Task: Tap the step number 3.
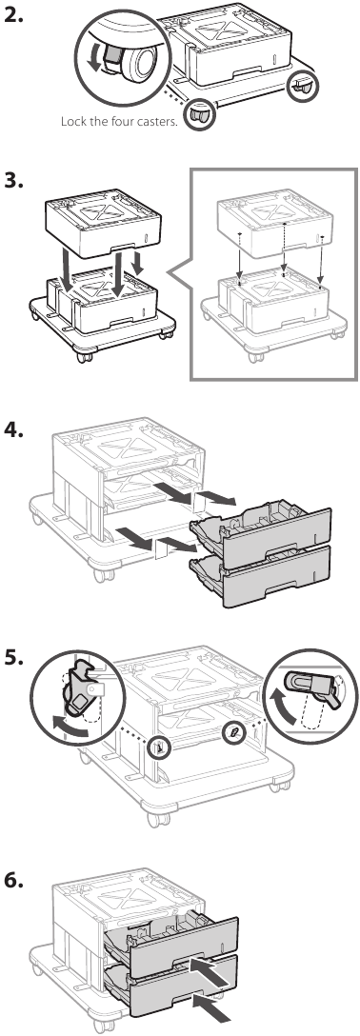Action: point(14,180)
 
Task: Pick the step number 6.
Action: point(14,880)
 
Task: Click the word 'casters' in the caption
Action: point(156,122)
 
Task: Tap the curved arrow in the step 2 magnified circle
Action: point(96,58)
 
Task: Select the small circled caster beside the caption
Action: point(197,114)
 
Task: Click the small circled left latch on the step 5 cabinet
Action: point(161,746)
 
